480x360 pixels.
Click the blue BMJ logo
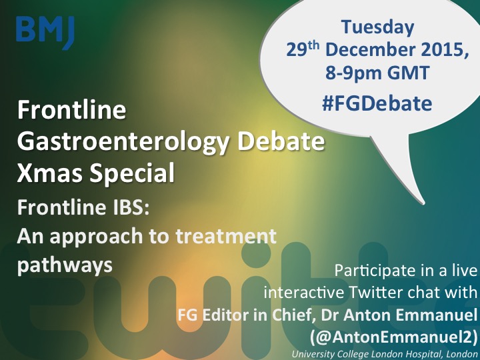coord(45,32)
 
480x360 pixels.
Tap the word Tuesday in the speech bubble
coord(377,27)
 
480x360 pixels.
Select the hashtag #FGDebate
coord(377,103)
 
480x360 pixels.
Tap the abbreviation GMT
coord(408,73)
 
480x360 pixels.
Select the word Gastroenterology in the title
coord(123,143)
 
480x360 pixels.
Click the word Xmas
coord(50,173)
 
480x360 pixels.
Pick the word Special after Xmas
coord(132,173)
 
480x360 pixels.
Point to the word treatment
coord(226,236)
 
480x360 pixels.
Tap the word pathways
coord(65,265)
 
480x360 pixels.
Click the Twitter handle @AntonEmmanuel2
coord(393,337)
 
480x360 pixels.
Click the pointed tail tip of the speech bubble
coord(424,203)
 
